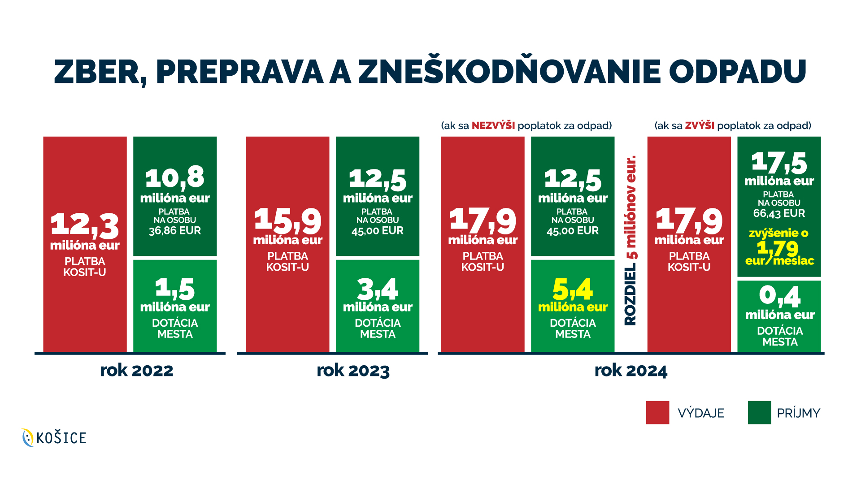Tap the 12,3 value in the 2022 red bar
(85, 224)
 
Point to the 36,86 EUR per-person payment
(175, 231)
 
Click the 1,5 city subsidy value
(175, 289)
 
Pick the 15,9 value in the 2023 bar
(287, 220)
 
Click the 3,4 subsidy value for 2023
(378, 289)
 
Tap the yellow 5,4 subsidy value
(573, 289)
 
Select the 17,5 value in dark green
(779, 162)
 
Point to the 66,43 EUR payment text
(779, 213)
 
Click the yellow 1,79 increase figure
(778, 248)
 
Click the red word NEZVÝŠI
(493, 125)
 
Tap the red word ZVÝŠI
(700, 125)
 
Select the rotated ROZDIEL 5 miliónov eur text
(631, 240)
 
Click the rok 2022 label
(136, 371)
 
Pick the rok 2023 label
(353, 371)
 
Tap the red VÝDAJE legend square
(657, 412)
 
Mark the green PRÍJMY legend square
(759, 412)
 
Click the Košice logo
(54, 437)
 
